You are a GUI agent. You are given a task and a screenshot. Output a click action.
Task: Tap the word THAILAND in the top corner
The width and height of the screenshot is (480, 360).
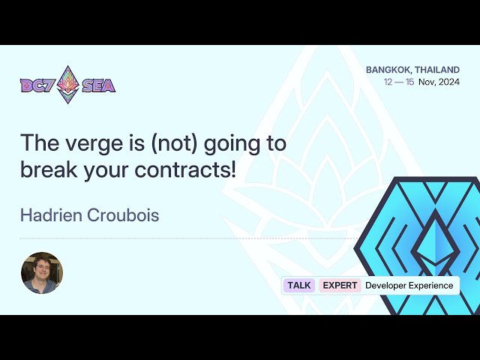(x=437, y=70)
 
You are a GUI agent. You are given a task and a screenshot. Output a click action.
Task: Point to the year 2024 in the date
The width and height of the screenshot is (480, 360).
(x=448, y=82)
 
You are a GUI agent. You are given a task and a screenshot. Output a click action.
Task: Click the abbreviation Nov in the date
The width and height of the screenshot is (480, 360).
(x=426, y=82)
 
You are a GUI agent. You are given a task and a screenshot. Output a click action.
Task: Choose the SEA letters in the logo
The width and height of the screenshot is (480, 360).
(x=98, y=85)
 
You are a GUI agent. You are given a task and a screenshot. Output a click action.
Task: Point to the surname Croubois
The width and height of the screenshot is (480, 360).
(x=124, y=215)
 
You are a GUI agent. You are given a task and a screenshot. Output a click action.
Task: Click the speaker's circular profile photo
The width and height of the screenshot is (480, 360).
(x=42, y=273)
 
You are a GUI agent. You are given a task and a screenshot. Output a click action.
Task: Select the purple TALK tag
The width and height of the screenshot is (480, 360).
(x=299, y=285)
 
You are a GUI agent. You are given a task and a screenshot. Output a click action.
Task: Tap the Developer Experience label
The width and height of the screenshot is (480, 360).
(x=409, y=285)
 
